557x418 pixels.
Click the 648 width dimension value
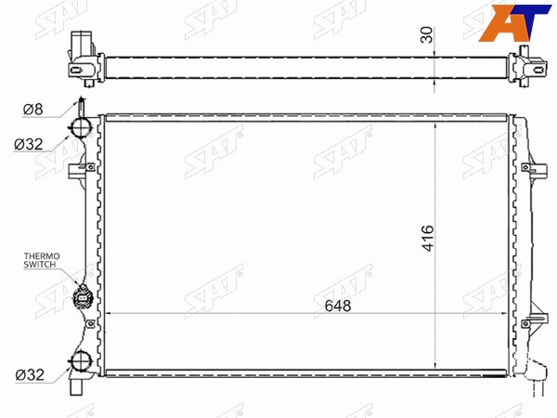338,306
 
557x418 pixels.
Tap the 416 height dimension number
428,238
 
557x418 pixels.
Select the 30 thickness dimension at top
427,35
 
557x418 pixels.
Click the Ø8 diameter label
33,109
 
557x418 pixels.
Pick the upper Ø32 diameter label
29,144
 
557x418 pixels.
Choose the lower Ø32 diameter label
30,374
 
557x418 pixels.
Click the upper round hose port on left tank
81,127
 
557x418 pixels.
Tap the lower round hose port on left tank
81,361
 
